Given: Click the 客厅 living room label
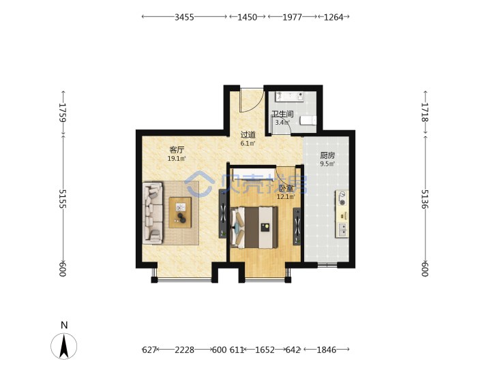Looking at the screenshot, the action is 177,150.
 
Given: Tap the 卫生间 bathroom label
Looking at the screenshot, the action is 282,114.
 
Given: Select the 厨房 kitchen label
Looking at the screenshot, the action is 327,155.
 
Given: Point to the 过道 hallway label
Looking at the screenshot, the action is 248,135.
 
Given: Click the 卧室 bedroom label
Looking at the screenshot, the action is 286,188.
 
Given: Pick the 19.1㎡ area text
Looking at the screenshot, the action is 177,159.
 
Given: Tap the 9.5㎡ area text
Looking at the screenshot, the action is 327,164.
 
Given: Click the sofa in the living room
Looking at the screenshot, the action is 153,213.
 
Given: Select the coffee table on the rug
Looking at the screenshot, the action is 180,212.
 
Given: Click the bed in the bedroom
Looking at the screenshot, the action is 254,227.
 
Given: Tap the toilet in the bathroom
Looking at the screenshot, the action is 308,121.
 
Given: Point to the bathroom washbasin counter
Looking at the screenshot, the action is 289,97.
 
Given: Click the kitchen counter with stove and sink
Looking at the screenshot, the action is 342,213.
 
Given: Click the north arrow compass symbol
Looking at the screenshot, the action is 64,346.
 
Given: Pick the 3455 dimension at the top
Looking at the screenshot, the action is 184,17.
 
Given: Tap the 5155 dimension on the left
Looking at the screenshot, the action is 63,199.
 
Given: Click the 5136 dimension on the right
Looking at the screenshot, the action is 425,199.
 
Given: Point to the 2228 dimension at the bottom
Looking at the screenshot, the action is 184,350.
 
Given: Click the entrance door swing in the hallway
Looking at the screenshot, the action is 252,100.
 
